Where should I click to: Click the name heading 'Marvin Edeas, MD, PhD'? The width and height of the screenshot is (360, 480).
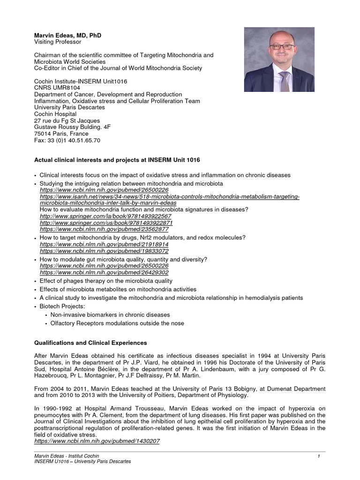67,35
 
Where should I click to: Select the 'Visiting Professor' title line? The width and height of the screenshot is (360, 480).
58,42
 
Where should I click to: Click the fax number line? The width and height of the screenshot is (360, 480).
67,140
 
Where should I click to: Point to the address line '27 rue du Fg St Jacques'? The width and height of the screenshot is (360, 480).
67,120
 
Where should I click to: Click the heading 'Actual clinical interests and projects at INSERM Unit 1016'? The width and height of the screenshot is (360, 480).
118,160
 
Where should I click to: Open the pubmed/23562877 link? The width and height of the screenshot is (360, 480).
104,229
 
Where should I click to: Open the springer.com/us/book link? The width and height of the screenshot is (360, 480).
106,223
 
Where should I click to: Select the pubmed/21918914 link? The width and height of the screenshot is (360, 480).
104,244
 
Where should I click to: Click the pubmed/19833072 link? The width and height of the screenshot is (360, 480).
104,251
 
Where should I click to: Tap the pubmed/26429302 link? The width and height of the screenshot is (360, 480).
104,272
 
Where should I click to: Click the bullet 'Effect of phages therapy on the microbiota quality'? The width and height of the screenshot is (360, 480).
106,281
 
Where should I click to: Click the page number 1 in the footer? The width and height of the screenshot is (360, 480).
318,456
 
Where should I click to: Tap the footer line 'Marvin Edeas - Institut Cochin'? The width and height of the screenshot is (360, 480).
67,456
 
